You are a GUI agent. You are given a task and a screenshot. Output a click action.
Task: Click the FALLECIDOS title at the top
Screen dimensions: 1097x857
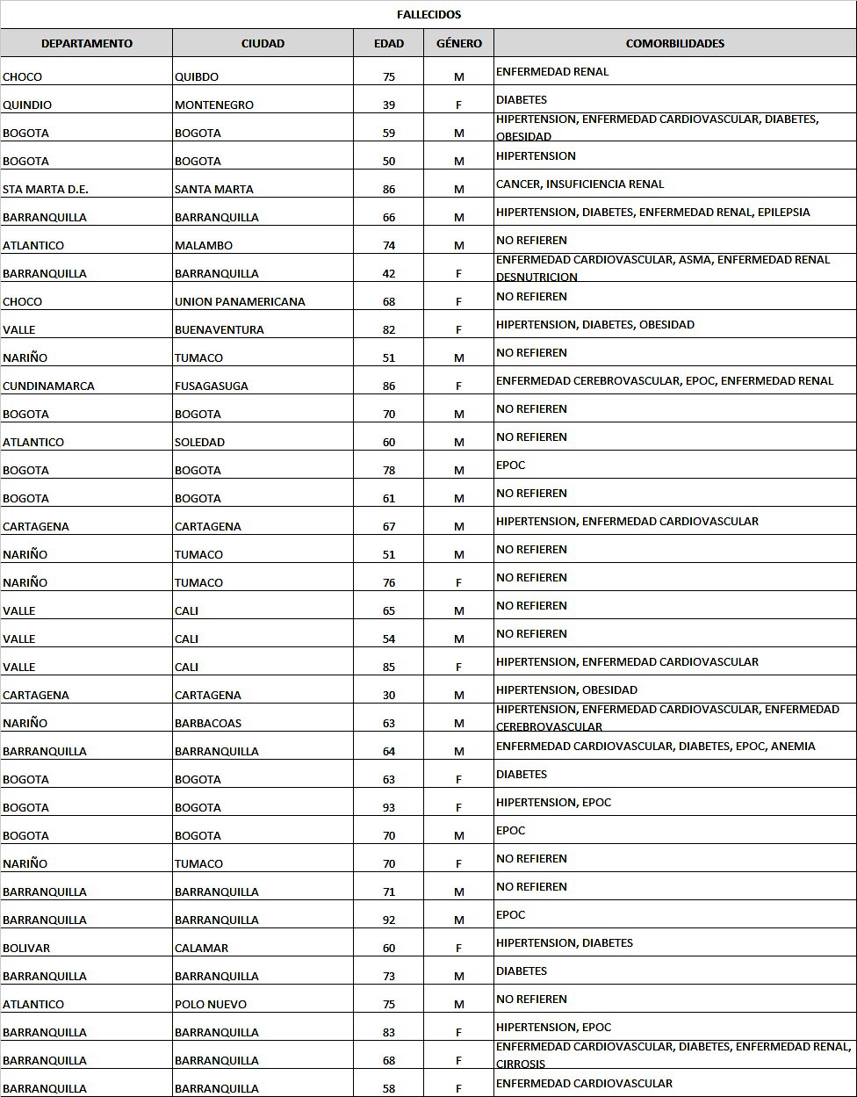tap(428, 15)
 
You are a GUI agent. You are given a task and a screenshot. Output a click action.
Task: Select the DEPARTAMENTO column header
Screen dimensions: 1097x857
tap(87, 43)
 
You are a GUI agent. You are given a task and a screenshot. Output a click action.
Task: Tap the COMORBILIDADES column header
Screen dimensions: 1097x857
tap(674, 43)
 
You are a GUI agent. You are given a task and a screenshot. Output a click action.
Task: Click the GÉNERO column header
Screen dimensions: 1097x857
tap(458, 43)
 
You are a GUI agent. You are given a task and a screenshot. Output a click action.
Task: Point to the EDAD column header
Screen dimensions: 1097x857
tap(389, 43)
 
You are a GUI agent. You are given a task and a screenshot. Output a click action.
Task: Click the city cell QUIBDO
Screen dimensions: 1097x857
tap(197, 77)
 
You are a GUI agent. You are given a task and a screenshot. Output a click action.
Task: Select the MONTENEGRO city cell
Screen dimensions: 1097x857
tap(214, 105)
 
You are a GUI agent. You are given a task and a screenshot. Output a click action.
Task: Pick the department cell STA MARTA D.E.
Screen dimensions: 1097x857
tap(46, 190)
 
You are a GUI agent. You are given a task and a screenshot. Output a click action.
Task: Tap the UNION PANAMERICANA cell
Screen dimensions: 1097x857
tap(240, 302)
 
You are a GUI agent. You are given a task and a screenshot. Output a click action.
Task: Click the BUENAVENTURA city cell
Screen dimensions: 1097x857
tap(220, 330)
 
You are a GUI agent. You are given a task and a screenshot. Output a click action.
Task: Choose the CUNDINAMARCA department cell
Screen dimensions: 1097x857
tap(48, 386)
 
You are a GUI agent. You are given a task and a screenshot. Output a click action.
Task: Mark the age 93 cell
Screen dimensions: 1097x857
tap(389, 808)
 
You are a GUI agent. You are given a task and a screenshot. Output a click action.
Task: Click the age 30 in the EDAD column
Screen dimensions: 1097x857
tap(389, 696)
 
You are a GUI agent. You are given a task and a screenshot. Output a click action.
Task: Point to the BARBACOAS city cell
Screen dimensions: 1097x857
tap(208, 724)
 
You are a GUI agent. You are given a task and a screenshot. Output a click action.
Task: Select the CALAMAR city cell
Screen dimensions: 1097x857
tap(201, 949)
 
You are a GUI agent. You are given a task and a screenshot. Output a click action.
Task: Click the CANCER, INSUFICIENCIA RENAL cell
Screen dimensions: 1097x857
tap(580, 184)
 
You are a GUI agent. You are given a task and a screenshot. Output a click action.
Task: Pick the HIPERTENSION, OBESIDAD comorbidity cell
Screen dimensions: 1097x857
tap(566, 690)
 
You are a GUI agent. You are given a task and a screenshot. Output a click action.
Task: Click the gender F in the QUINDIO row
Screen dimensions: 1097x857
tap(458, 105)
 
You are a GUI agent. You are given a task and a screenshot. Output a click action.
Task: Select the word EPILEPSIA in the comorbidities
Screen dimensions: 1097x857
tap(783, 213)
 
